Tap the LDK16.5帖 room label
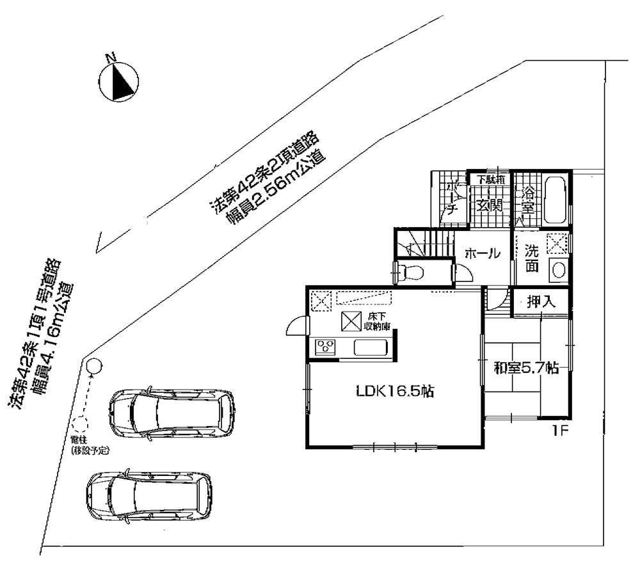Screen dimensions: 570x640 (x=395, y=392)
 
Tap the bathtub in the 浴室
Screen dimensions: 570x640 (x=554, y=200)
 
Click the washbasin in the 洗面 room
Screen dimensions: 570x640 (x=558, y=271)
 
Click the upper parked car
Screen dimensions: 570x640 (x=172, y=413)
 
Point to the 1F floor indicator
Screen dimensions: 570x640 (x=561, y=432)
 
